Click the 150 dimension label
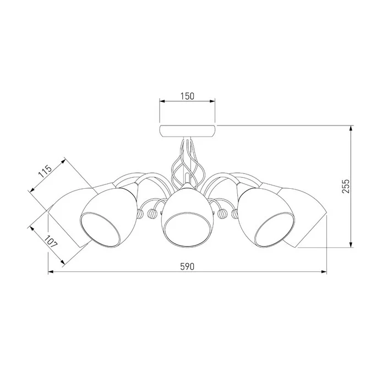click(187, 96)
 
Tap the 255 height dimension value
click(346, 186)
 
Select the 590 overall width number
click(187, 266)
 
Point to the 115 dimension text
click(45, 171)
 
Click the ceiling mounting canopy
click(187, 131)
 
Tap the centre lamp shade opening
click(188, 230)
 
